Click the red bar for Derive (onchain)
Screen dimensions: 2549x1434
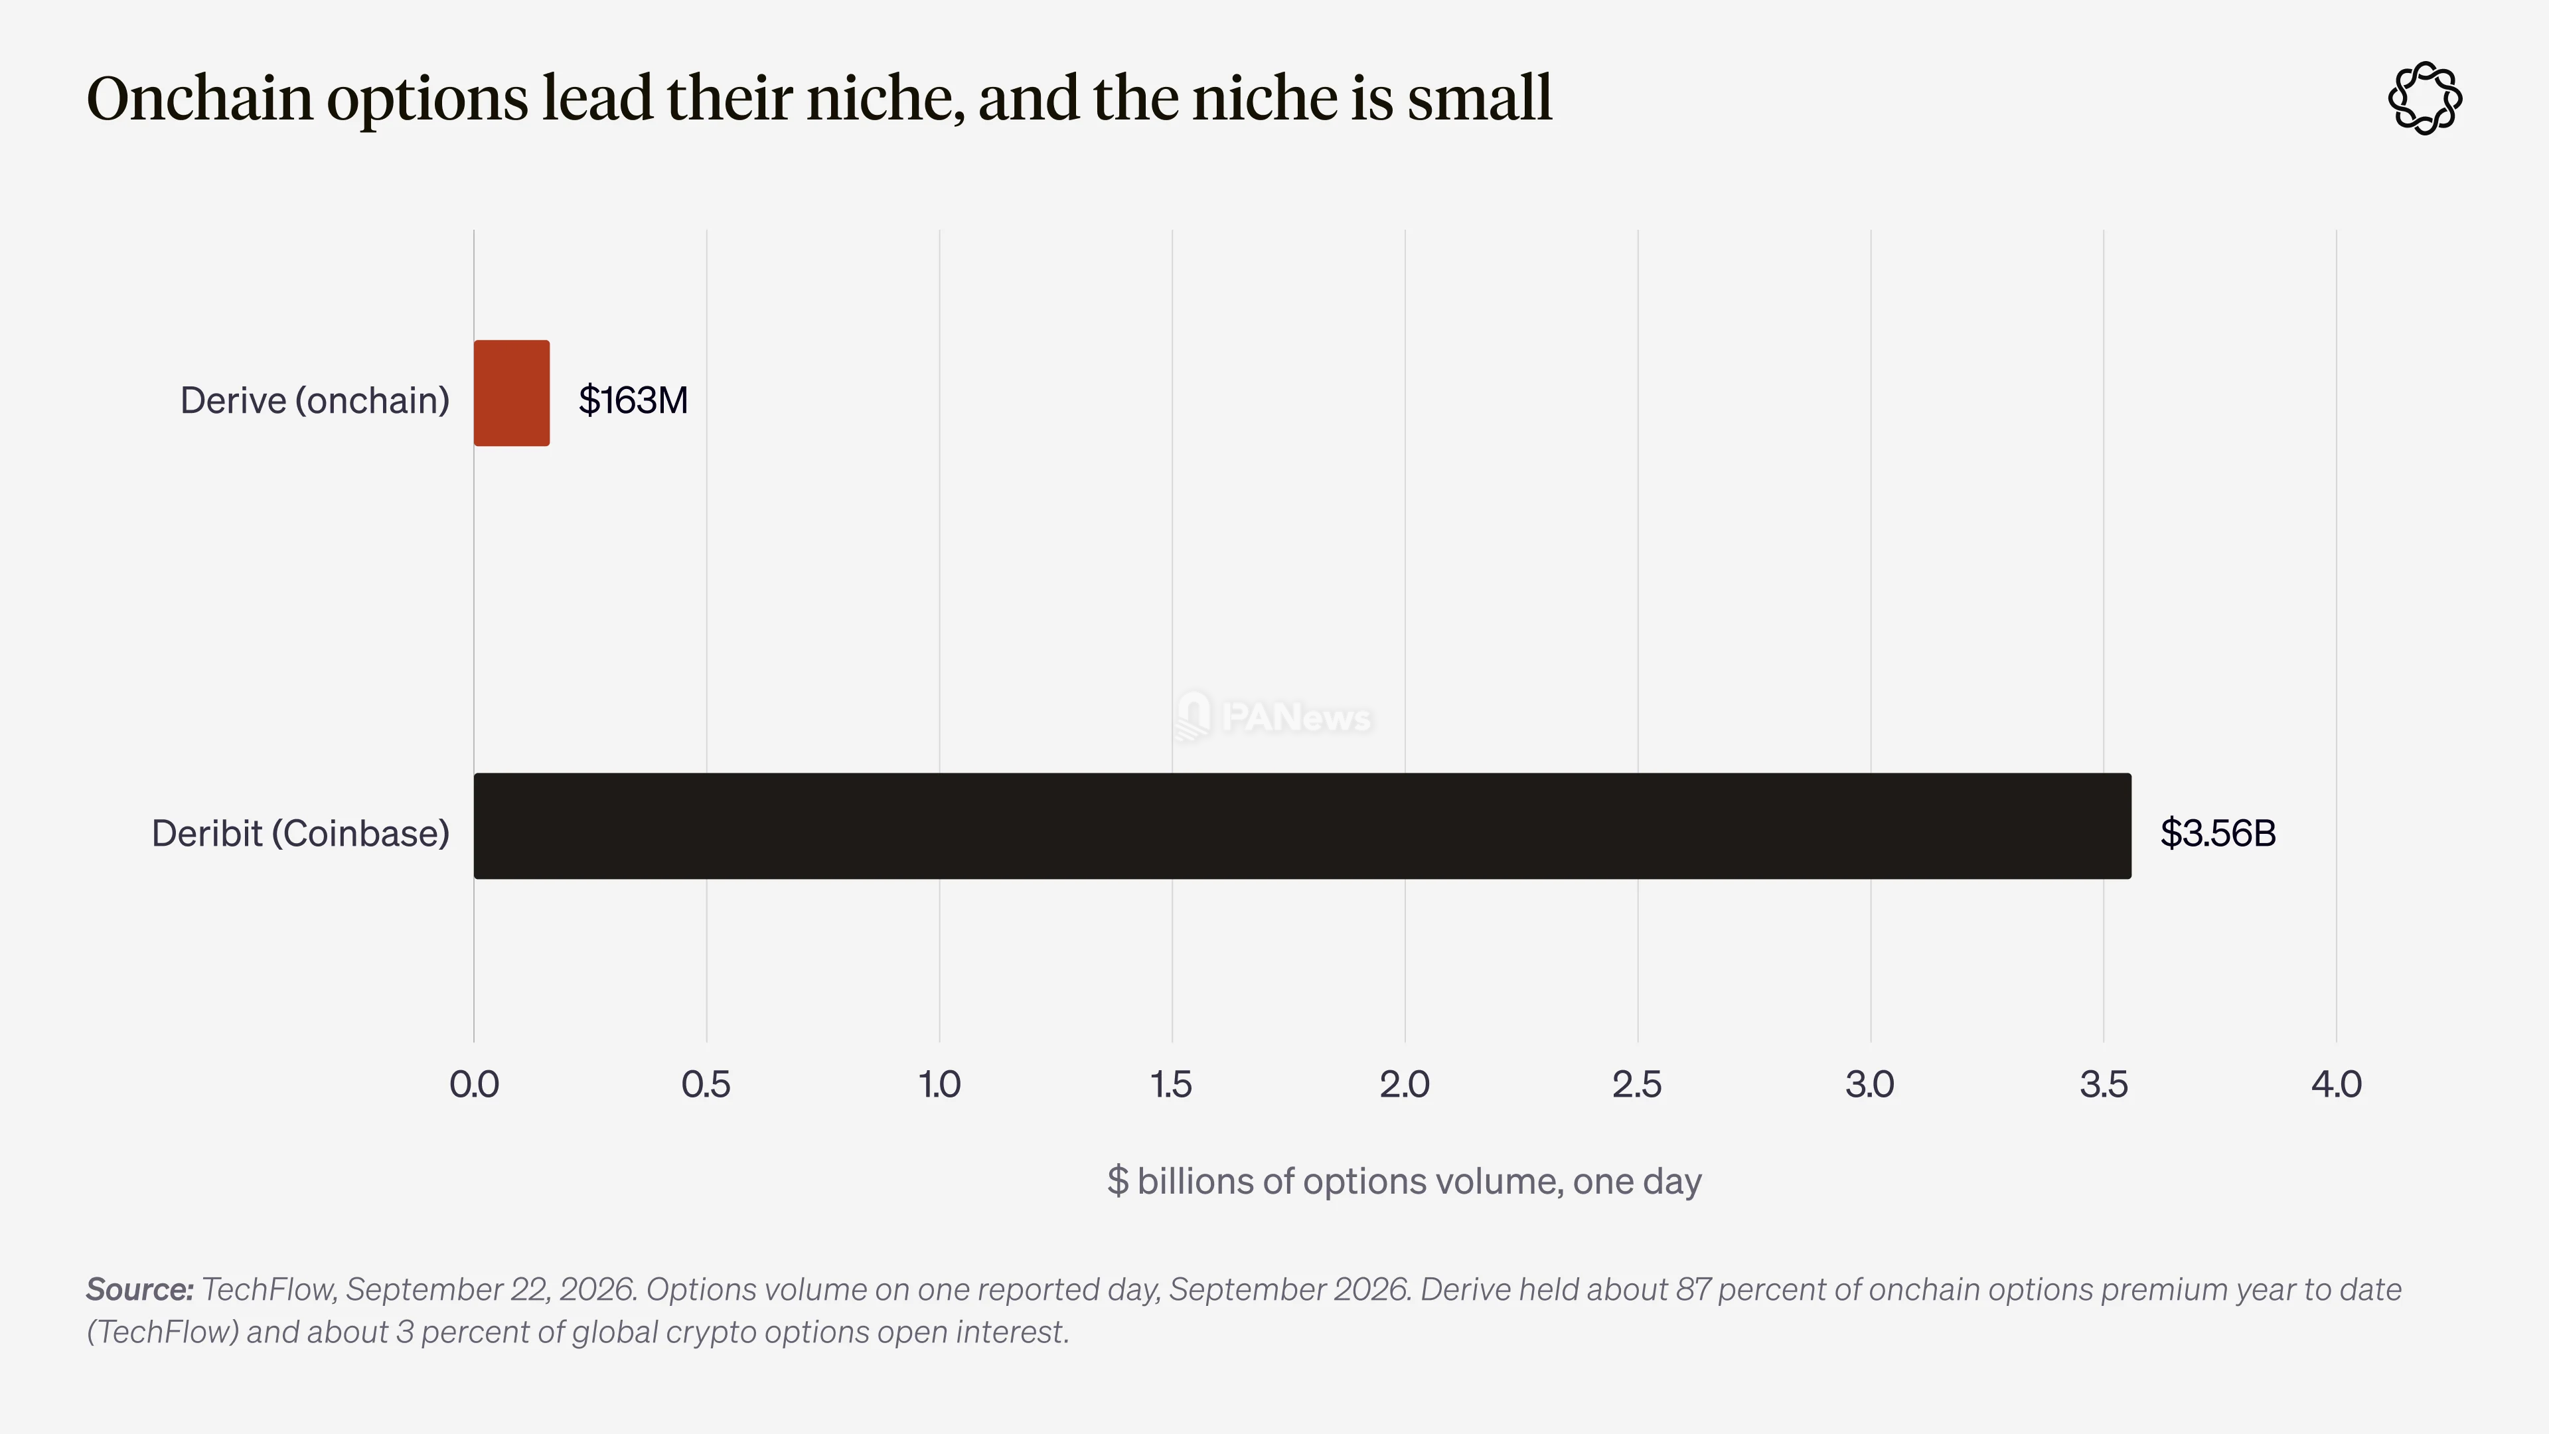coord(512,393)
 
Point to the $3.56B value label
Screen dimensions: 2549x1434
coord(2218,833)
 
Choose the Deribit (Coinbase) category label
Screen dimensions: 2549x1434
coord(301,833)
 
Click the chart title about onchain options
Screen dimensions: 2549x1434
coord(819,99)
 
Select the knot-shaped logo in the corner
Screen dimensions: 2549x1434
coord(2426,98)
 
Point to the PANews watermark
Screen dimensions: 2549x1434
coord(1274,716)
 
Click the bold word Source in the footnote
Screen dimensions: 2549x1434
coord(139,1289)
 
